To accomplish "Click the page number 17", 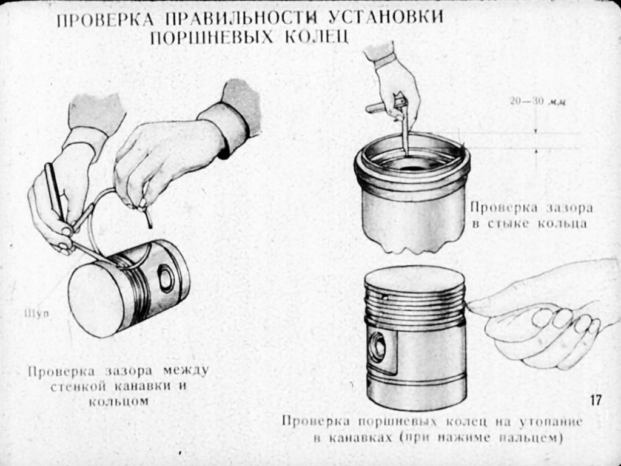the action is coord(596,400).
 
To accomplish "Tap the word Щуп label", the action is coord(37,314).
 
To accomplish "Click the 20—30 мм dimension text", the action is coord(537,101).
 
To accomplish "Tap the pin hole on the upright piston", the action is coord(377,347).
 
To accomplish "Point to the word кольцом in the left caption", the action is coord(118,402).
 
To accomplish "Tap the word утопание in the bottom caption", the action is coord(551,422).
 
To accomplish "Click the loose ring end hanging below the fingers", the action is coord(148,217).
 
